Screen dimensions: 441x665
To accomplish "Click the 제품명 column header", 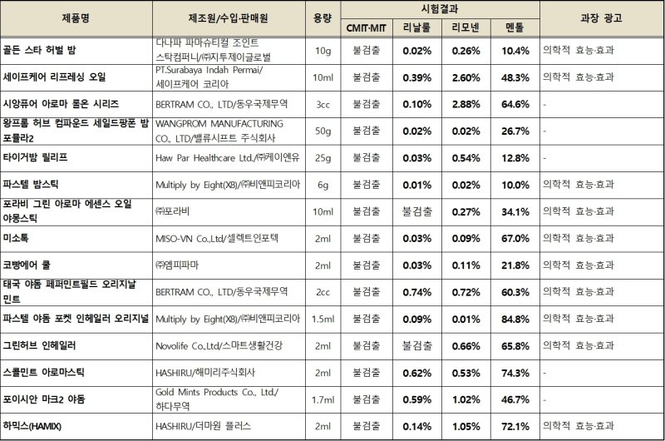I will [76, 17].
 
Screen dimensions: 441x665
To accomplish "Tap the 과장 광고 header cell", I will [600, 17].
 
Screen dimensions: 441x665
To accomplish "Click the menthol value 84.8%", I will [515, 318].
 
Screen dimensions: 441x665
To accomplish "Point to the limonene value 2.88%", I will [465, 104].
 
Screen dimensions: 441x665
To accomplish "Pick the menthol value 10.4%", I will [515, 51].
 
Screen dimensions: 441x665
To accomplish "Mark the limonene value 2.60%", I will [465, 77].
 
